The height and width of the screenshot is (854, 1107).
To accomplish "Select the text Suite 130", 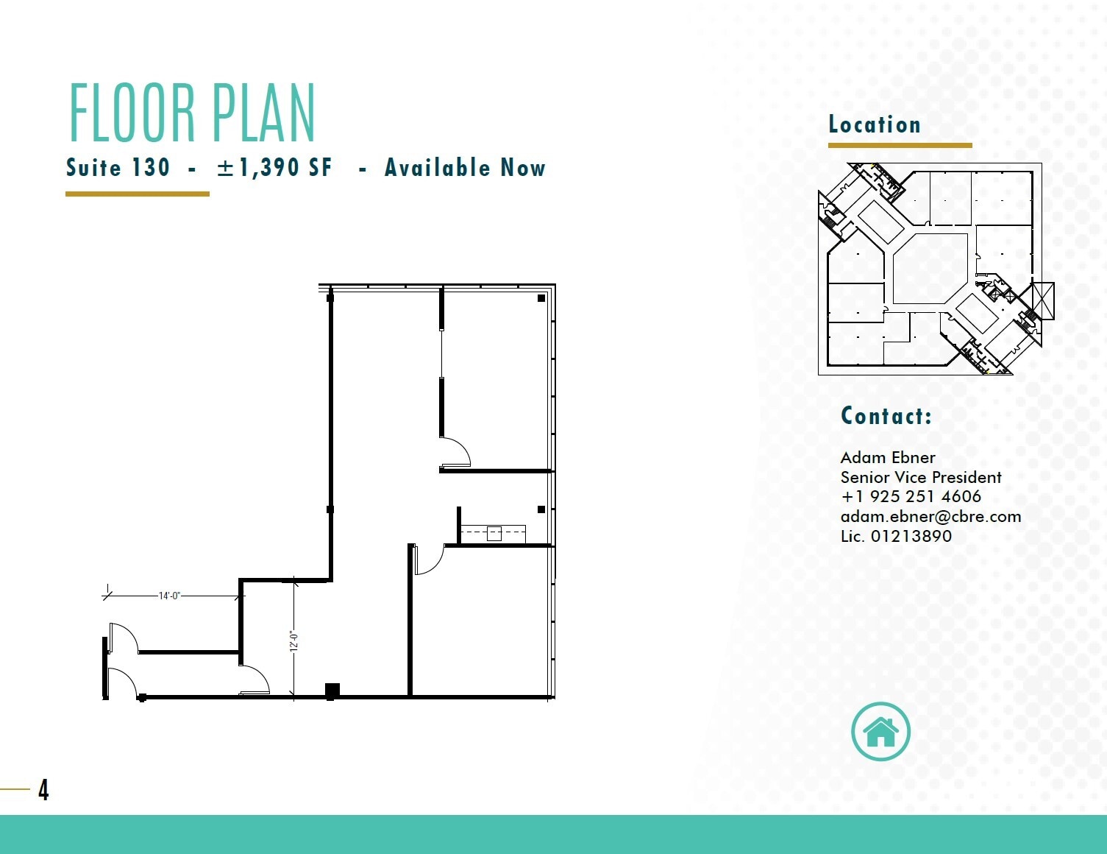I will pyautogui.click(x=118, y=168).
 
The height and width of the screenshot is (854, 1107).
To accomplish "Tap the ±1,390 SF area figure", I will pyautogui.click(x=274, y=168).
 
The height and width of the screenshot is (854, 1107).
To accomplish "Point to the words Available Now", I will pyautogui.click(x=465, y=168).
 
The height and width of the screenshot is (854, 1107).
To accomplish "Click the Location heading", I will pyautogui.click(x=875, y=124).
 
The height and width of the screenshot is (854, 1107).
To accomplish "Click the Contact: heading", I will pyautogui.click(x=886, y=416).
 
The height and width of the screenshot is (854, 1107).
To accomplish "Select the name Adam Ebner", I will pyautogui.click(x=888, y=457).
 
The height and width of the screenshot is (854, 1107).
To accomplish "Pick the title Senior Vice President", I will pyautogui.click(x=921, y=477).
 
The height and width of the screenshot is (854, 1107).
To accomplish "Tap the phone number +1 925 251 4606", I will pyautogui.click(x=911, y=497).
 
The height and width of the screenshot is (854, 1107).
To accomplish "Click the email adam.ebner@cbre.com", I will pyautogui.click(x=930, y=517).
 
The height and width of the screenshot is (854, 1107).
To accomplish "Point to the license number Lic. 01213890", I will pyautogui.click(x=896, y=537).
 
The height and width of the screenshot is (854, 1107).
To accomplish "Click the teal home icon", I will pyautogui.click(x=880, y=732).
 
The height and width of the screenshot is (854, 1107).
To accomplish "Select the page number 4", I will pyautogui.click(x=43, y=790).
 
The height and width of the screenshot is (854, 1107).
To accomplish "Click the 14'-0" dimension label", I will pyautogui.click(x=169, y=596).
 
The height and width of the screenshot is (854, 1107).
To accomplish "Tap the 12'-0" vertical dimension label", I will pyautogui.click(x=294, y=641).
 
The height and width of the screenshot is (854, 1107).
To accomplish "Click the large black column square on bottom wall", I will pyautogui.click(x=332, y=691).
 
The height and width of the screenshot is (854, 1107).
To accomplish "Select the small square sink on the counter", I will pyautogui.click(x=494, y=534).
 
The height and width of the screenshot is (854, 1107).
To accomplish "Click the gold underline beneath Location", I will pyautogui.click(x=900, y=146).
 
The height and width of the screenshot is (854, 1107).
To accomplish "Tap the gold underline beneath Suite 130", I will pyautogui.click(x=138, y=194).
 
